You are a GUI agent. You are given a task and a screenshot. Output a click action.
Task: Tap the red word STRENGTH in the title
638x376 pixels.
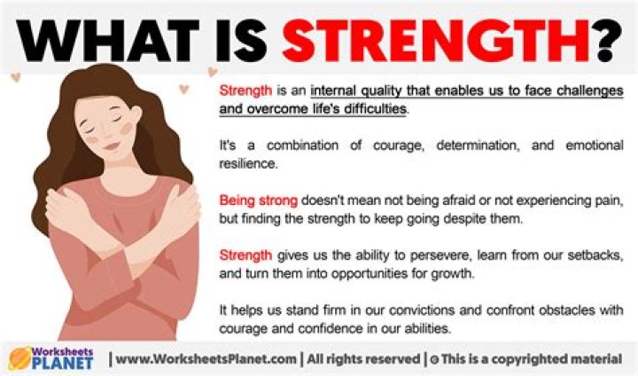[434, 37]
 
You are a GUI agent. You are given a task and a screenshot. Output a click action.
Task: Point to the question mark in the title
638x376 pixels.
[605, 37]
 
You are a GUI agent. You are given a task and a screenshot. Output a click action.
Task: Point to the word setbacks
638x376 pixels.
[595, 254]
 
